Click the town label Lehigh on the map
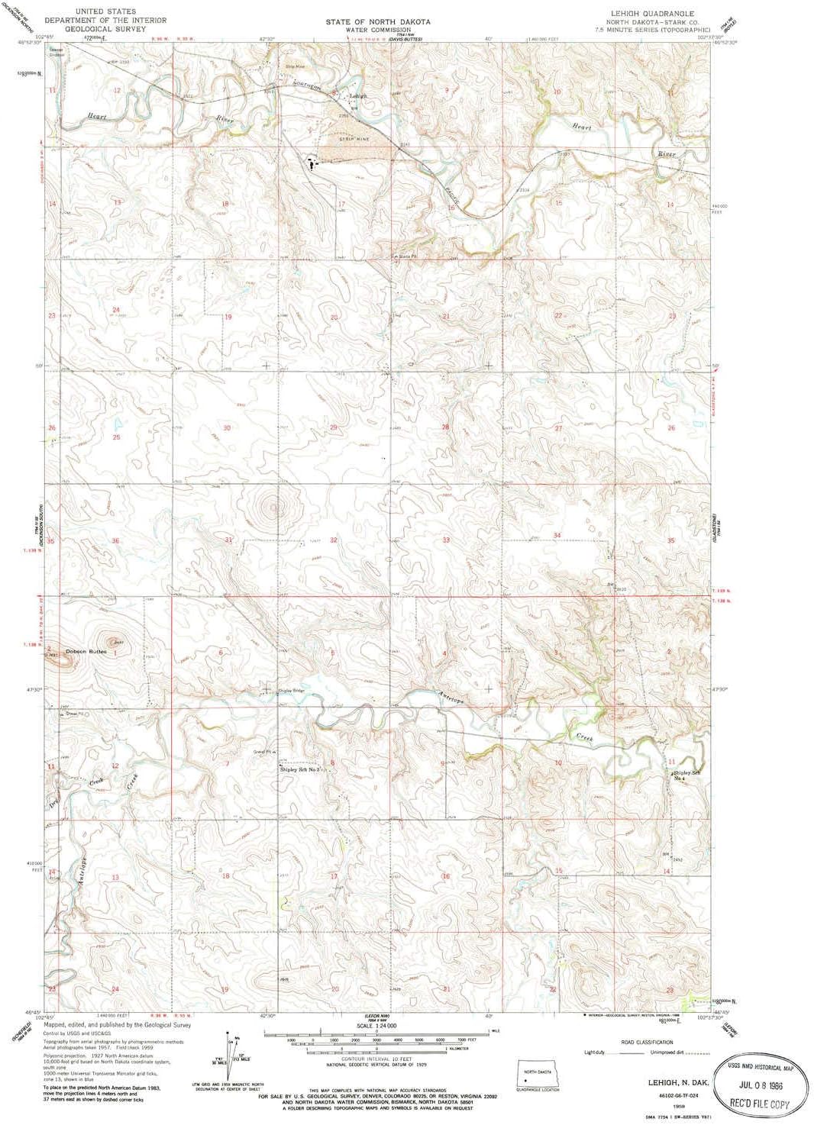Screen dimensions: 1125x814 coord(358,96)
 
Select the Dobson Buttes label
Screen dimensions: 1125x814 coord(86,651)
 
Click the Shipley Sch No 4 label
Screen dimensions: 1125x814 coord(686,775)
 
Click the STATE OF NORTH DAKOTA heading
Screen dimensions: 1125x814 coord(377,22)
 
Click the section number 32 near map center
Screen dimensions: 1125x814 coord(334,540)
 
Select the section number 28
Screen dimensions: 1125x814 coord(445,427)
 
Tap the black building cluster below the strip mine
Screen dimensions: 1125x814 coord(312,163)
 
